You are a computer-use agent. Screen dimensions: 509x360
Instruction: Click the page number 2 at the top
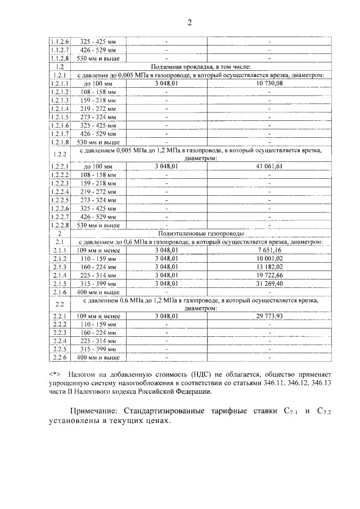pos(190,23)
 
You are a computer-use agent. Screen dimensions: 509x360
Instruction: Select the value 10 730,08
pos(270,83)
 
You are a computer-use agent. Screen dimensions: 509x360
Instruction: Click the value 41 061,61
pos(270,166)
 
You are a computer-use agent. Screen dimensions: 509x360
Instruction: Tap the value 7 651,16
pos(270,250)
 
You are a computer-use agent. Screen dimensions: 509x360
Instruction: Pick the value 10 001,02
pos(270,258)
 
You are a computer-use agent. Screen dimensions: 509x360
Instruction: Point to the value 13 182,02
pos(270,267)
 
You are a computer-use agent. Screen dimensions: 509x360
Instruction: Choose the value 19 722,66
pos(270,275)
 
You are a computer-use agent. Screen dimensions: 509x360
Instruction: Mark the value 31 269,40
pos(270,283)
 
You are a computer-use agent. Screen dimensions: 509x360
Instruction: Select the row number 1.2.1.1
pos(59,83)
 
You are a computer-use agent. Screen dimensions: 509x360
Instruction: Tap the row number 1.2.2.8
pos(59,225)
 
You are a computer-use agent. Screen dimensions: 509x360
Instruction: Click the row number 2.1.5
pos(59,283)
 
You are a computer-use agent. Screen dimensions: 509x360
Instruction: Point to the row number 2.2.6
pos(59,357)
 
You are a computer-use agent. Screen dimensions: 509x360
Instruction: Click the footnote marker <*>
pos(54,373)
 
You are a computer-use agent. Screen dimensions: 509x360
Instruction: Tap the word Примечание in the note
pos(95,412)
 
